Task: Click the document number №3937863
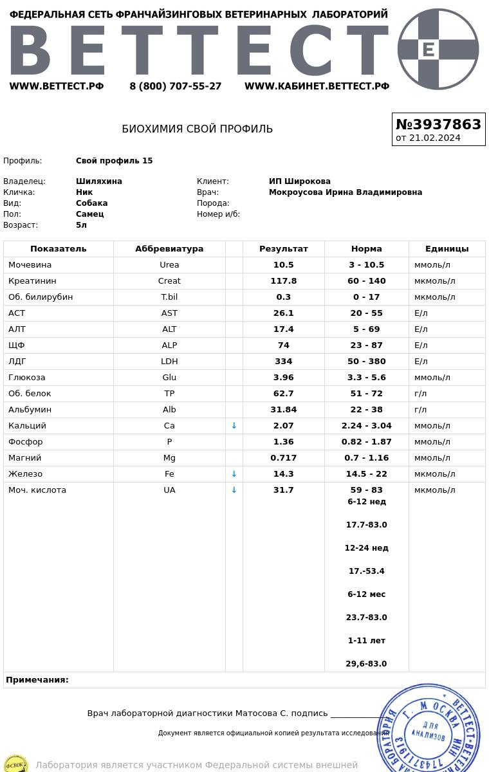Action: (438, 124)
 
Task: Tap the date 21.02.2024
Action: (434, 138)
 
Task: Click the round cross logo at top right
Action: (438, 49)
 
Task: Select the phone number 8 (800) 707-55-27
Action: (175, 86)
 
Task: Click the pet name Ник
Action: (84, 192)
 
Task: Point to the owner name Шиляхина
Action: (99, 181)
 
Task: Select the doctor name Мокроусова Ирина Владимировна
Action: (346, 192)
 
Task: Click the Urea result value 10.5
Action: (283, 265)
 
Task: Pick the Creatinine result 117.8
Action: (283, 281)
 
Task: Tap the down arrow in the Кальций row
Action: (234, 426)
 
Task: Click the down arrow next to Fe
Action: (234, 474)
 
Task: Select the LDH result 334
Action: (283, 362)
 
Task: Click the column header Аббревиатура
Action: (169, 249)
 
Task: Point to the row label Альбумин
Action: (30, 410)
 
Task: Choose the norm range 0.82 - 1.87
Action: (366, 442)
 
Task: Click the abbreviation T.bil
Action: (169, 297)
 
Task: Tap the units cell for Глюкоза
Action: (432, 378)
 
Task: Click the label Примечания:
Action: (37, 680)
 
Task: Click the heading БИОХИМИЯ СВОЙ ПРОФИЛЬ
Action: (197, 129)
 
